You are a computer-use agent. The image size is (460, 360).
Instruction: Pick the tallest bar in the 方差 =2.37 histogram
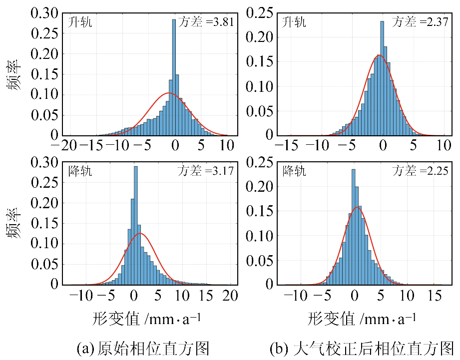click(382, 78)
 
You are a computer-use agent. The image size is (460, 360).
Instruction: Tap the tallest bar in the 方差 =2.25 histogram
click(354, 227)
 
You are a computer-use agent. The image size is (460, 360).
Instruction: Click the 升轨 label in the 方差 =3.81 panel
click(80, 22)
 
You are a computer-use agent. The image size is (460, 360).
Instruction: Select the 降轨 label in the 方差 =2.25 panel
click(294, 171)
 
